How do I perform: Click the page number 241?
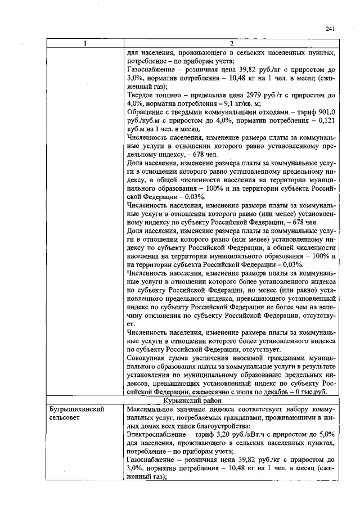tap(330, 29)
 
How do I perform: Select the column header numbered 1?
tap(85, 44)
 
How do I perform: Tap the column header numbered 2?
tap(232, 44)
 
